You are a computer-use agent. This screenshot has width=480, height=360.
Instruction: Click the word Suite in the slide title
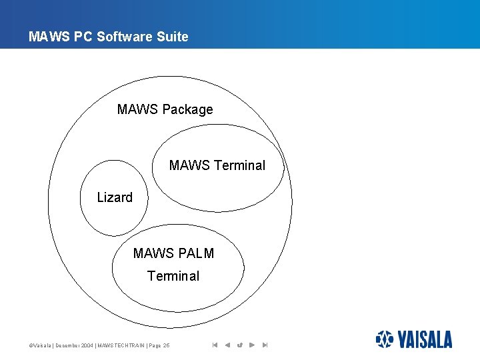[171, 37]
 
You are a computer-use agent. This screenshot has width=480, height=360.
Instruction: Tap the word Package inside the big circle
[187, 109]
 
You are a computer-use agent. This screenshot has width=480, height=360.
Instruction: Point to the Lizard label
[115, 197]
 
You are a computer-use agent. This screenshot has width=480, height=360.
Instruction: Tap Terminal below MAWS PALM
[173, 276]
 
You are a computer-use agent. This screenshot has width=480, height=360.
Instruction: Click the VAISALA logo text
[425, 340]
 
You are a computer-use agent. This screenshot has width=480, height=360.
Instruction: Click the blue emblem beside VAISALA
[385, 339]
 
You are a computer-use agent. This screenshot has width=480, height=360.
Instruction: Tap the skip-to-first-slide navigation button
[215, 345]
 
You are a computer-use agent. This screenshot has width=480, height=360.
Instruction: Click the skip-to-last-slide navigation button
[265, 345]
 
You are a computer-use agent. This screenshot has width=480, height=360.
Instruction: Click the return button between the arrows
[240, 345]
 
